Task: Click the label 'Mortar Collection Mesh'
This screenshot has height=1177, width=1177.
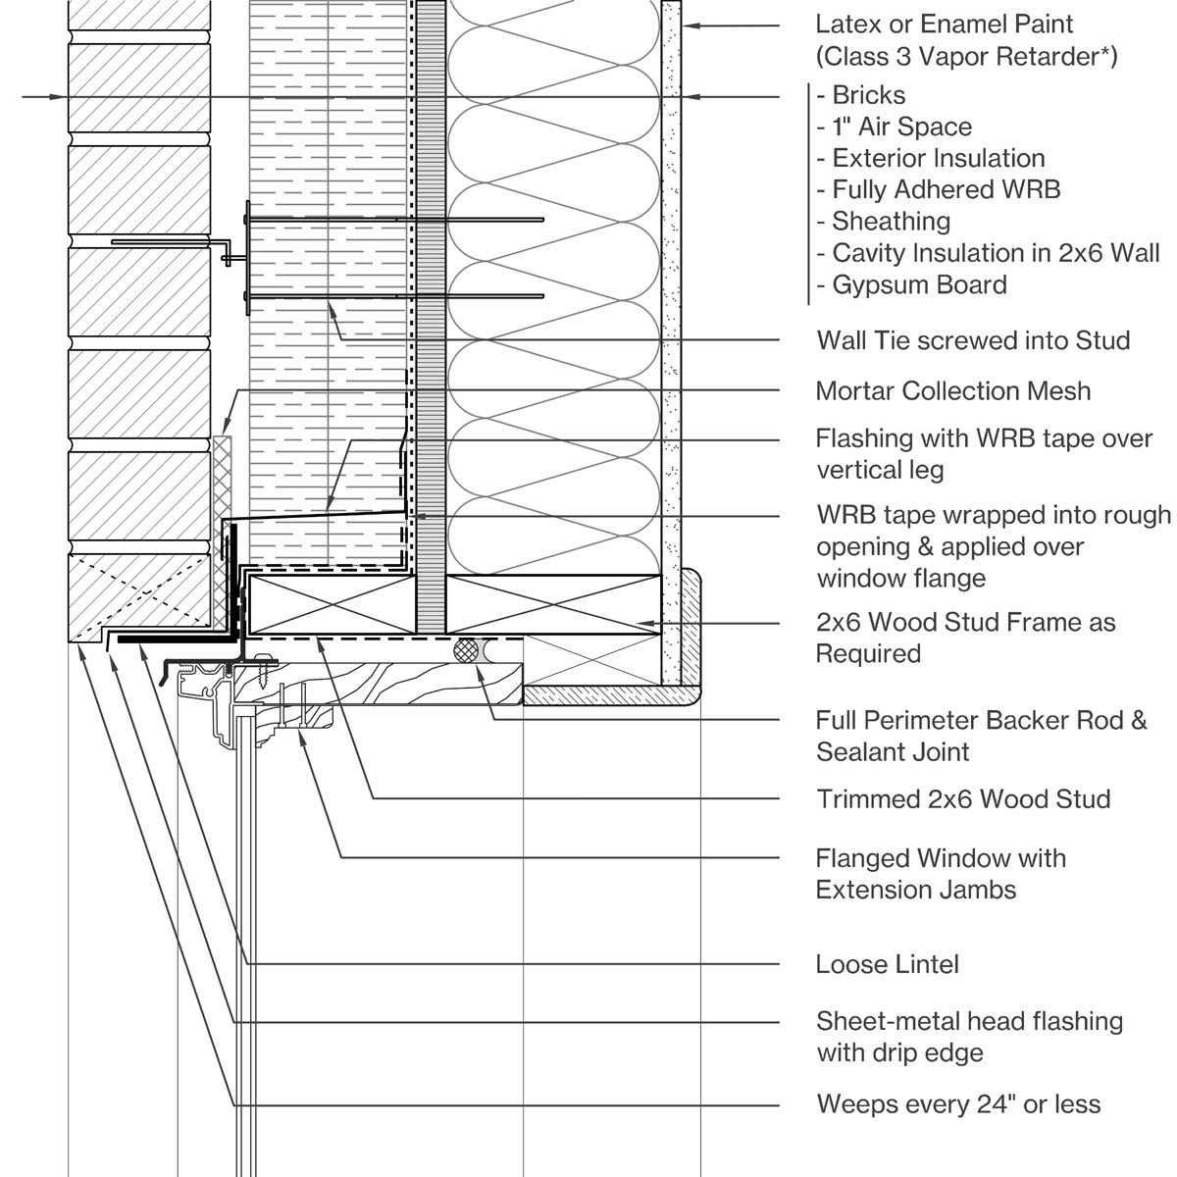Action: click(952, 391)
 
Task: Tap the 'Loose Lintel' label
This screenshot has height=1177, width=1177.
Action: click(887, 964)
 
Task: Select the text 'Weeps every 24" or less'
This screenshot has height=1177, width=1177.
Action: click(958, 1104)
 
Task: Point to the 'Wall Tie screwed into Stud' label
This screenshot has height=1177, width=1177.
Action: click(973, 340)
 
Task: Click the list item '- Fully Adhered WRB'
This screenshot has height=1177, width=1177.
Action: click(938, 189)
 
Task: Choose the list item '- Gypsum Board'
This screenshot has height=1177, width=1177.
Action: click(911, 284)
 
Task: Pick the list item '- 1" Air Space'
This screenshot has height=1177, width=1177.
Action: click(894, 127)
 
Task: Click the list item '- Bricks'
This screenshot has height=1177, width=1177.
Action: click(860, 95)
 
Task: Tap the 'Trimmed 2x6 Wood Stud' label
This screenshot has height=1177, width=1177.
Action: click(963, 798)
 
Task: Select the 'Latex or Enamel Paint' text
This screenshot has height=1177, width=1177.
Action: click(945, 24)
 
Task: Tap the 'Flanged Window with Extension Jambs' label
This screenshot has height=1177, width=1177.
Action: click(940, 874)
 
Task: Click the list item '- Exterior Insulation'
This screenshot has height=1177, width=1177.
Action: click(930, 158)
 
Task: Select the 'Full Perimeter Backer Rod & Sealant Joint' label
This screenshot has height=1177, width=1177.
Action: click(981, 736)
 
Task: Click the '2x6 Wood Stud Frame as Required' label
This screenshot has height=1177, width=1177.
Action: click(965, 638)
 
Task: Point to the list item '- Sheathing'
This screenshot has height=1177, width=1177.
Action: click(883, 222)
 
